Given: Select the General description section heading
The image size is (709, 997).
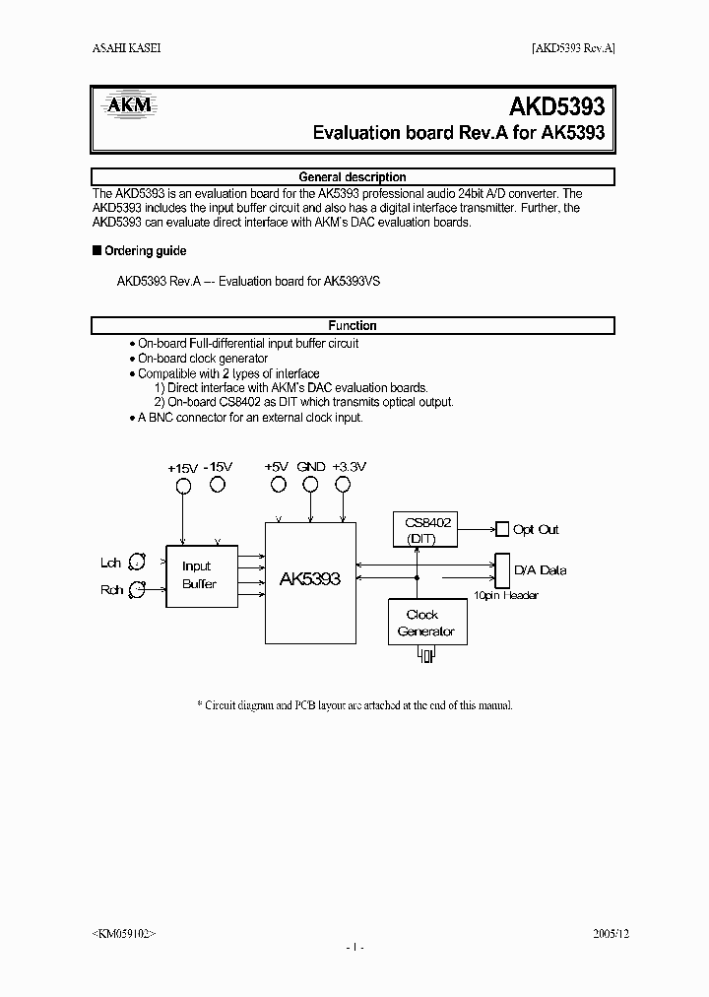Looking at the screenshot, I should (x=352, y=177).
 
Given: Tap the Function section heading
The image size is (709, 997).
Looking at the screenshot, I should (x=352, y=325).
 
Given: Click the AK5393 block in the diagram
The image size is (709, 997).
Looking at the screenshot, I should (x=309, y=579).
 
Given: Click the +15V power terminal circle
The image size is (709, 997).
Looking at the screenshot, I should (x=183, y=486).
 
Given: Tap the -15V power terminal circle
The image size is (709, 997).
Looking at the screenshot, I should (x=218, y=484).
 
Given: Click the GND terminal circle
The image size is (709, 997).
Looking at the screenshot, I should (x=310, y=484).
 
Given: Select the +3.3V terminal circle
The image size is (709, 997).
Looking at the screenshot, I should (x=342, y=484).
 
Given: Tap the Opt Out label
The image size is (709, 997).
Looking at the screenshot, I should (x=536, y=530).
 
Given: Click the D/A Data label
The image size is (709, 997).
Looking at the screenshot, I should (x=540, y=570).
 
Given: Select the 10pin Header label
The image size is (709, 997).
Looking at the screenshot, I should (x=506, y=595).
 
